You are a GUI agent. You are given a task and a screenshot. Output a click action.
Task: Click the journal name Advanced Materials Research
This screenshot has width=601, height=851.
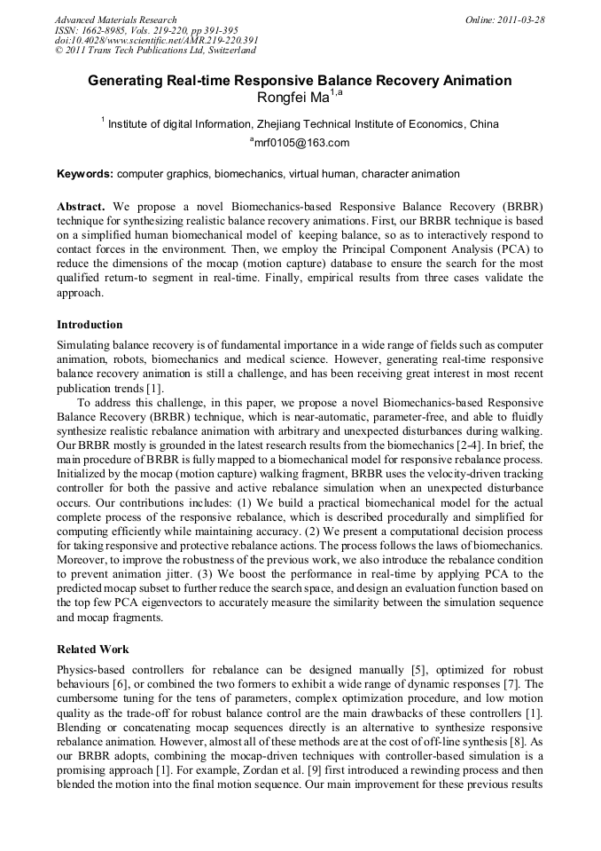point(115,20)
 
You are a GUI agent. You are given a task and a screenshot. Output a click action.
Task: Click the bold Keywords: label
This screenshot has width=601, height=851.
point(85,174)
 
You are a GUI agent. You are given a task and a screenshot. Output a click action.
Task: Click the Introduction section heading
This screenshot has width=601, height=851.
point(90,325)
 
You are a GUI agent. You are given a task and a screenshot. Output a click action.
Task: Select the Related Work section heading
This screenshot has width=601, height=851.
point(93,650)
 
